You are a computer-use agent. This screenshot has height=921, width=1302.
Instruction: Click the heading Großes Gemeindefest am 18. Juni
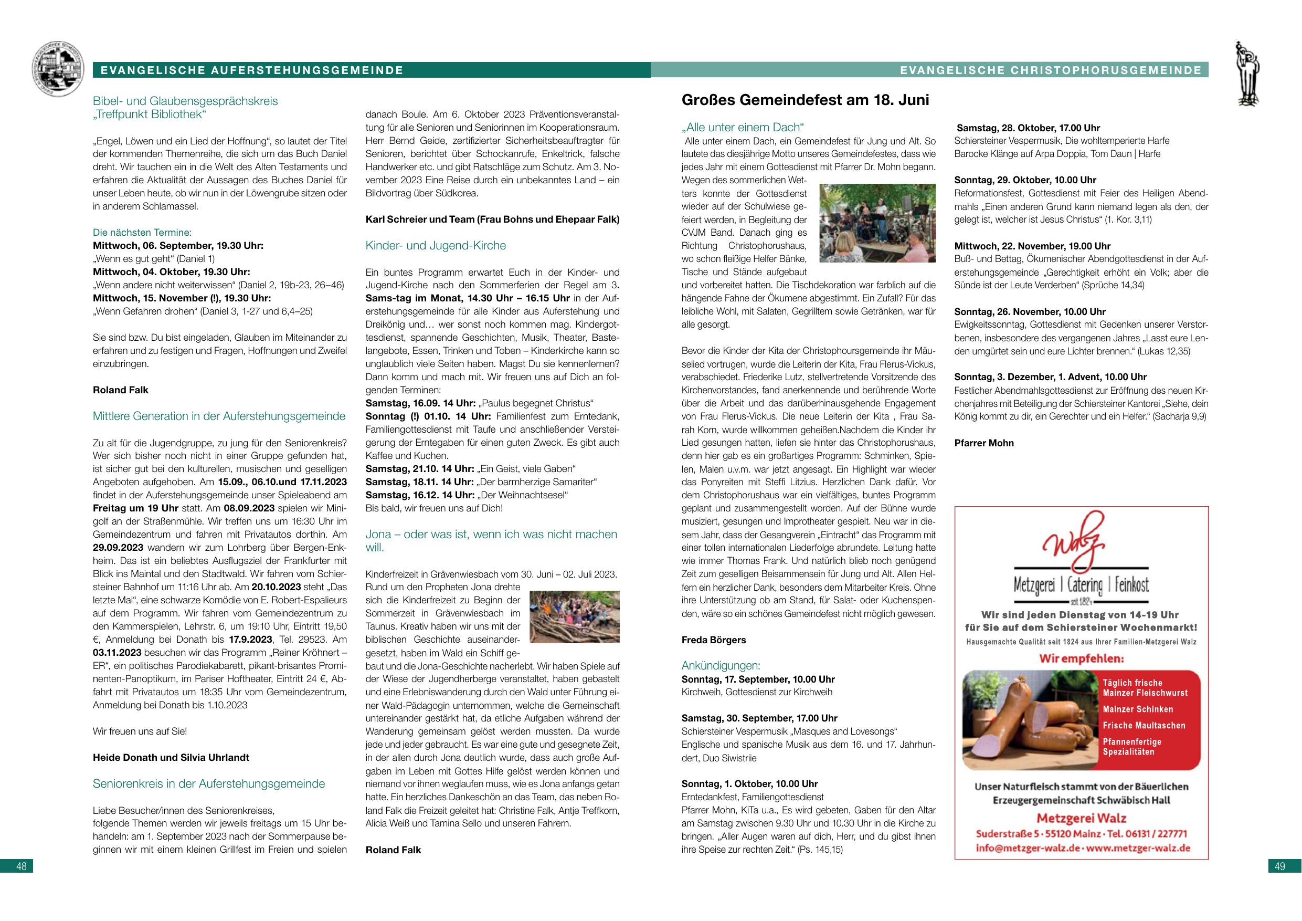(x=805, y=100)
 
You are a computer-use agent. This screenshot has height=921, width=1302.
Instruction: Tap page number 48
(x=22, y=866)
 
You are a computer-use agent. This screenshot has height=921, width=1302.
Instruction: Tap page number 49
(x=1279, y=866)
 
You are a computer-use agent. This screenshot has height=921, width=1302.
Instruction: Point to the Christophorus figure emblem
(x=1247, y=73)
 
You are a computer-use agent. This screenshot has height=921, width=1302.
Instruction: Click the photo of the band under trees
(x=878, y=223)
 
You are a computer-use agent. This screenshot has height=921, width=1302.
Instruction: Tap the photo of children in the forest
(x=574, y=616)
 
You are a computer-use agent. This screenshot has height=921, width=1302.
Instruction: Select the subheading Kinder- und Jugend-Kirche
(x=436, y=246)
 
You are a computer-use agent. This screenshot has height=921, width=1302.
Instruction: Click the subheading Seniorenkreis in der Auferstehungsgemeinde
(x=209, y=783)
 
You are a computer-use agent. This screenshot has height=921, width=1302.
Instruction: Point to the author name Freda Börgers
(x=713, y=640)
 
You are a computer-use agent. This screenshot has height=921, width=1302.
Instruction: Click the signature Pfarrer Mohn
(x=984, y=443)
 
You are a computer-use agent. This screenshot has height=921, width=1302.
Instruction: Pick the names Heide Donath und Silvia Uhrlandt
(x=171, y=758)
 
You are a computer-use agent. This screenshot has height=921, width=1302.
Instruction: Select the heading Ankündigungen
(x=721, y=666)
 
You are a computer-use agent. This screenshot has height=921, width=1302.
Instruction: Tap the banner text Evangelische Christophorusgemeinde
(x=1051, y=70)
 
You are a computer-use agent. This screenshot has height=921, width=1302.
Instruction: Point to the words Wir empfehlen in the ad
(x=1081, y=660)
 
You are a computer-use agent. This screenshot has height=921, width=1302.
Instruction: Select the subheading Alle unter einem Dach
(x=743, y=128)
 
